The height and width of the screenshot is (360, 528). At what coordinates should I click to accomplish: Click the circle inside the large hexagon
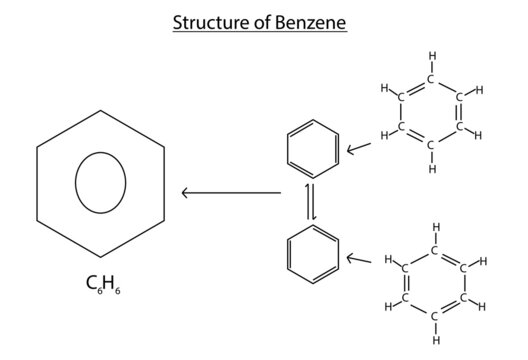click(101, 184)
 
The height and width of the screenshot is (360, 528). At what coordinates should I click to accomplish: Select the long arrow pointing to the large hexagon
click(230, 191)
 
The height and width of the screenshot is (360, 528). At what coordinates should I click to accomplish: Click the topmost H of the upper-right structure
click(431, 56)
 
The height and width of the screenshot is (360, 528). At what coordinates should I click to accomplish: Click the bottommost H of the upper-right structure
click(431, 169)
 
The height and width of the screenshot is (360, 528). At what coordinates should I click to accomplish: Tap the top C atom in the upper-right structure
click(431, 78)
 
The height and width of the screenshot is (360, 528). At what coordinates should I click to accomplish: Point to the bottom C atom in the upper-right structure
click(431, 145)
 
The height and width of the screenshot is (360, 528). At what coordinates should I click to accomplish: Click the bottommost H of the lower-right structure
click(436, 339)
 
